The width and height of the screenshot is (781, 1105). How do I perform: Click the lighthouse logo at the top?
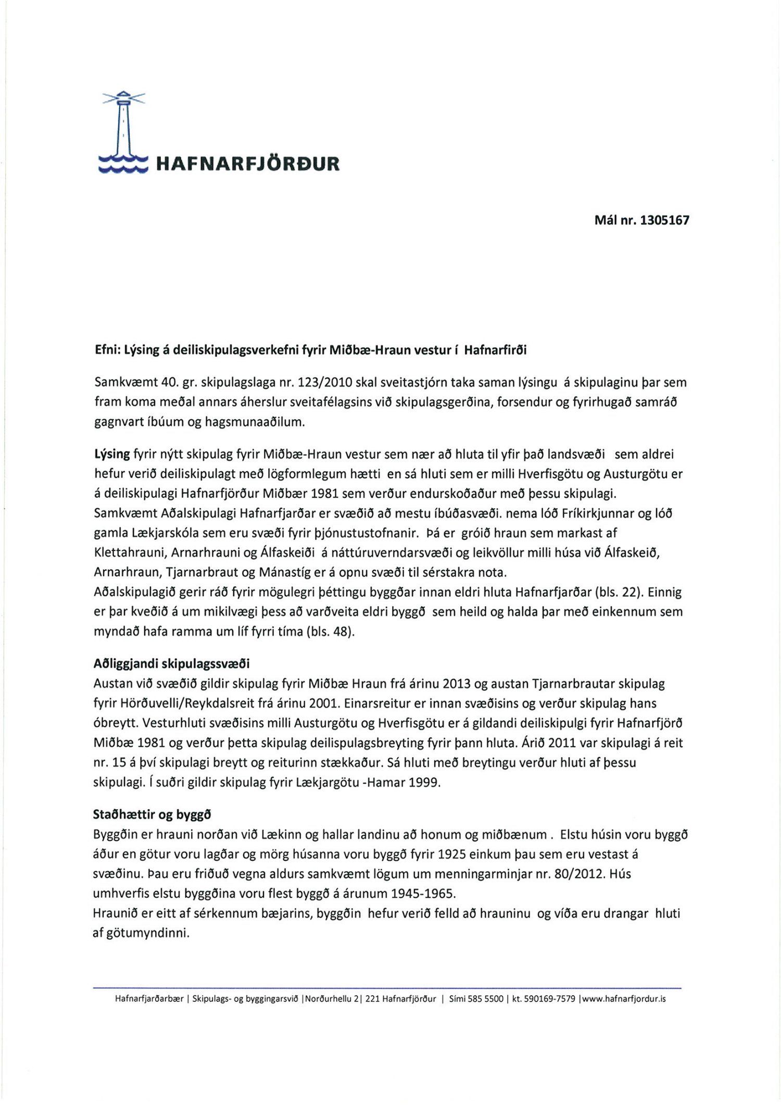(123, 132)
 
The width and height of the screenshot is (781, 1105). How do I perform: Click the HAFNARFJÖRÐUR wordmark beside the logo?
(248, 164)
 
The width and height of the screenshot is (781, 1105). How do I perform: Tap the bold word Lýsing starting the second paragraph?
(111, 455)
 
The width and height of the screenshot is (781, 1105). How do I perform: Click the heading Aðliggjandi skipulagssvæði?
(171, 664)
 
